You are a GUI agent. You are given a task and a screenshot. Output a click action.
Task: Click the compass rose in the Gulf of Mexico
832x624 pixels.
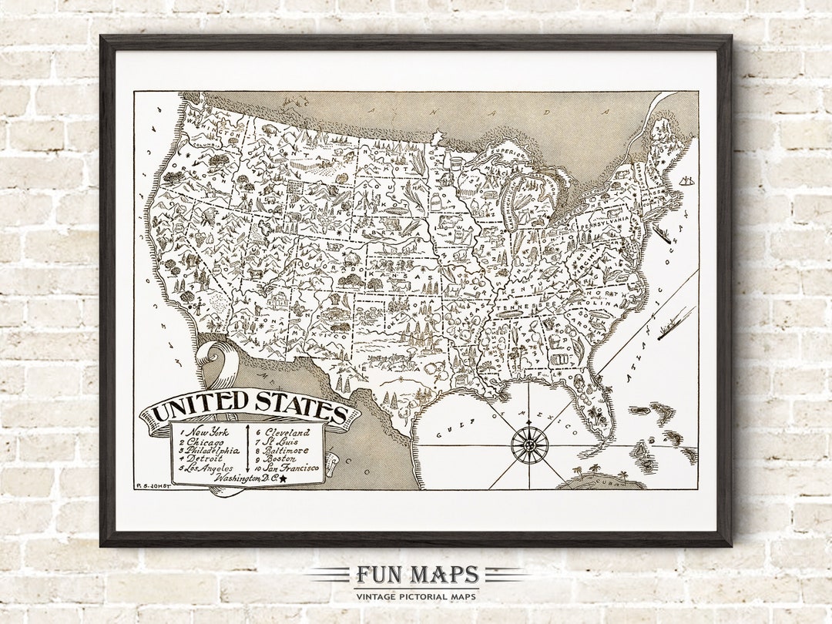(x=530, y=445)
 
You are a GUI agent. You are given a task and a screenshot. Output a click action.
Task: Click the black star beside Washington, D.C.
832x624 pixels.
(x=283, y=478)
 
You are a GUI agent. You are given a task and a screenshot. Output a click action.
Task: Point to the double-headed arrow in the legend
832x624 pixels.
(x=248, y=449)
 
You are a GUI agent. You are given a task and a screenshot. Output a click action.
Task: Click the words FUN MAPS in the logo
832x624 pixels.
(x=416, y=575)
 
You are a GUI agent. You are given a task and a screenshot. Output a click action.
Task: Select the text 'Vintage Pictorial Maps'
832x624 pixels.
(x=416, y=595)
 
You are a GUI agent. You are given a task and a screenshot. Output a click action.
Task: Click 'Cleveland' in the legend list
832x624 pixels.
(x=287, y=432)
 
